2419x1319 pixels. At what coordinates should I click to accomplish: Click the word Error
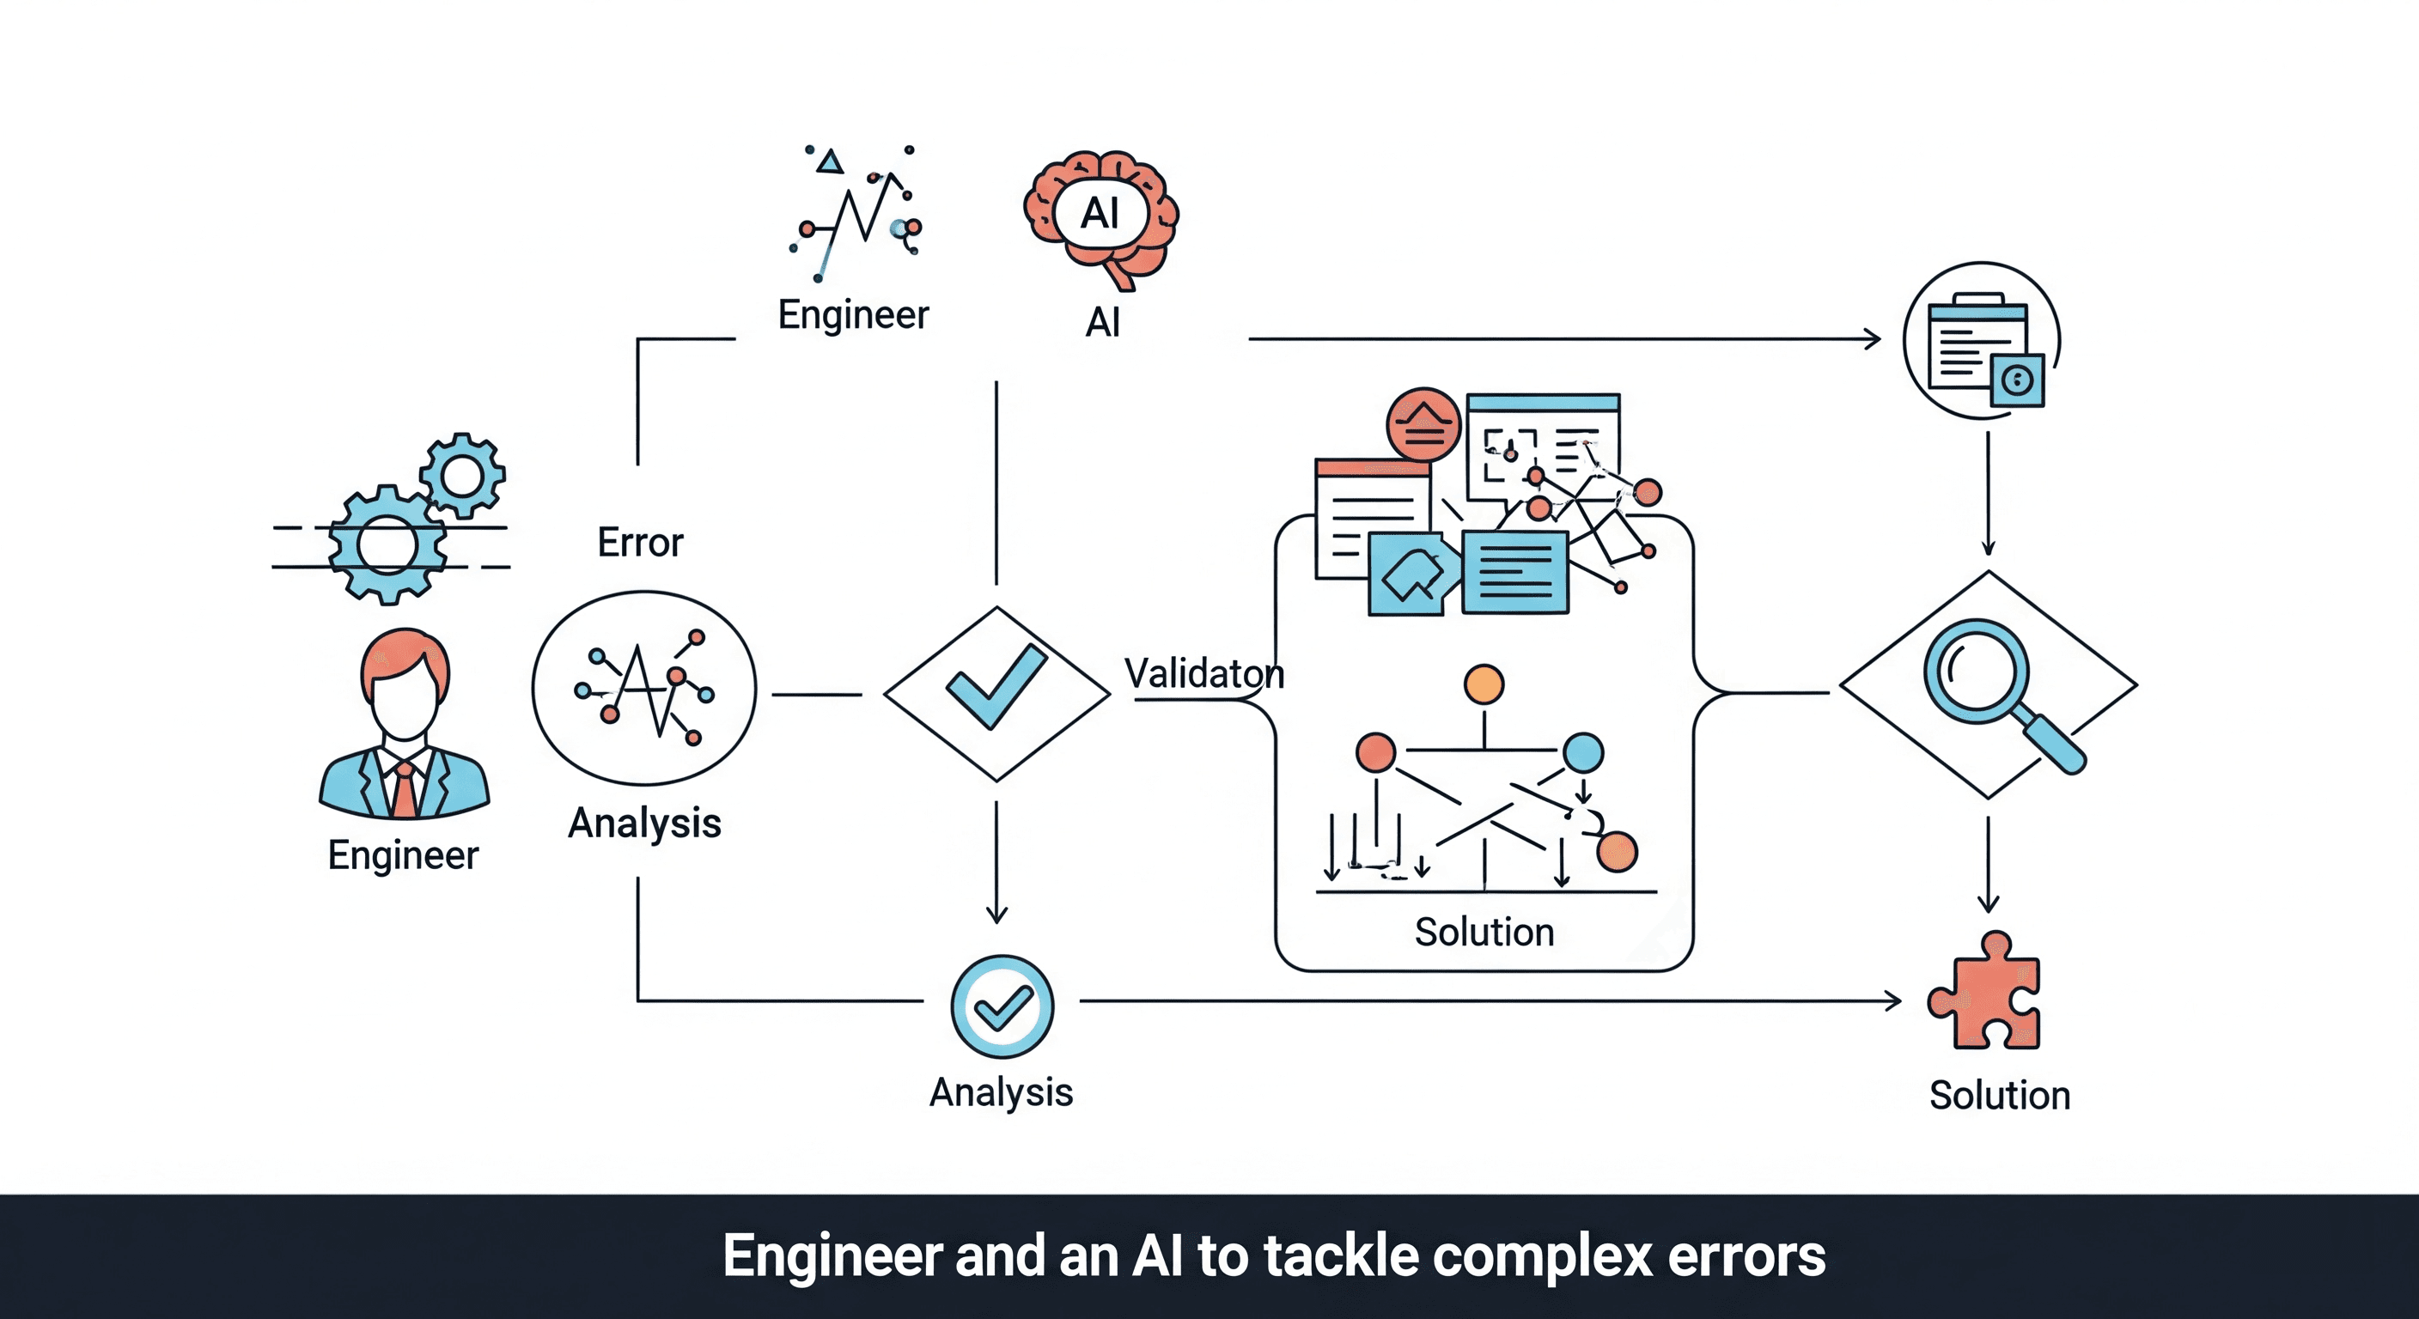[641, 543]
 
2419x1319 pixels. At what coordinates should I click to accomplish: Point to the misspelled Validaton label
[1203, 673]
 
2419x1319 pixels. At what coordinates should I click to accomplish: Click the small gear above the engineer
[462, 475]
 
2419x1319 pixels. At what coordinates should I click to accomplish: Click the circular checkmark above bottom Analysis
[1002, 1007]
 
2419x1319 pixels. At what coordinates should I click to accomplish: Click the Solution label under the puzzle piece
[1999, 1096]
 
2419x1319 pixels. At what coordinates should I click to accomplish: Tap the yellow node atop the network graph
[1484, 684]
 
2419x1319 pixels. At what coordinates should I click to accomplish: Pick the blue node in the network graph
[1583, 752]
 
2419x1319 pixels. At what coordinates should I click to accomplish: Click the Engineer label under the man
[403, 855]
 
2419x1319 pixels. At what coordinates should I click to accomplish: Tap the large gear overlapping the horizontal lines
[387, 545]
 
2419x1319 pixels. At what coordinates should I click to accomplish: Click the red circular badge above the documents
[1423, 424]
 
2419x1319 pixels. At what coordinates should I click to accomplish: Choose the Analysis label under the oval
[644, 824]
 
